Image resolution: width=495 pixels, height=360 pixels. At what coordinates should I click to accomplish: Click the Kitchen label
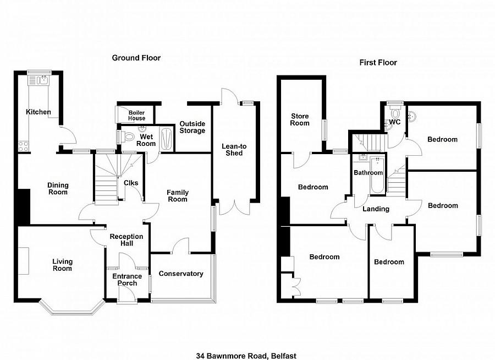(x=38, y=112)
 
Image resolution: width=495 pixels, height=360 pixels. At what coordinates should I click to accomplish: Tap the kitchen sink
(x=38, y=80)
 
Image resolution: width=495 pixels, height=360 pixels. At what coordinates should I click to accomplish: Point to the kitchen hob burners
(x=23, y=146)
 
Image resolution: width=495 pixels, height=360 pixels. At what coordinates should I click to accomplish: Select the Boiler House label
(x=137, y=116)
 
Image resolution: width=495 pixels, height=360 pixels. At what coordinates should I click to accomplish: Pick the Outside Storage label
(x=193, y=127)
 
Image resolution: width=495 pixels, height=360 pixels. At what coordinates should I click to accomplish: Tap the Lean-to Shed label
(x=234, y=150)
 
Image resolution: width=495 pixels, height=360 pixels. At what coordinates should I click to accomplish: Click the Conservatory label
(x=181, y=274)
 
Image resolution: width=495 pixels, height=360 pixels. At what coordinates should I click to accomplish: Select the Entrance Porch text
(x=127, y=280)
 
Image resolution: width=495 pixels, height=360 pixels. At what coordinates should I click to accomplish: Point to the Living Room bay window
(x=72, y=307)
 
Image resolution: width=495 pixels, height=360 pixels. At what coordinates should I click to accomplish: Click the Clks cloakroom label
(x=131, y=183)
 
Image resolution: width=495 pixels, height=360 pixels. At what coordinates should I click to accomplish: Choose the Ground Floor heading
(x=136, y=58)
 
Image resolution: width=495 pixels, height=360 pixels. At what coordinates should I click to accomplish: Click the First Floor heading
(x=378, y=63)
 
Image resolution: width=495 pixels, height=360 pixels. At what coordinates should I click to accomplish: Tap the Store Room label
(x=300, y=120)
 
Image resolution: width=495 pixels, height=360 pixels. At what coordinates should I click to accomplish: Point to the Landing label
(x=376, y=209)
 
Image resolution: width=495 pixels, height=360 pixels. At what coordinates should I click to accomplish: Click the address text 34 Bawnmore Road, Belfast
(x=246, y=356)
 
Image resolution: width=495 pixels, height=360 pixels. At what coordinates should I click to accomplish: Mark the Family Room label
(x=178, y=196)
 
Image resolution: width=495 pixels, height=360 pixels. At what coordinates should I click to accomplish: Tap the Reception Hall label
(x=127, y=240)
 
